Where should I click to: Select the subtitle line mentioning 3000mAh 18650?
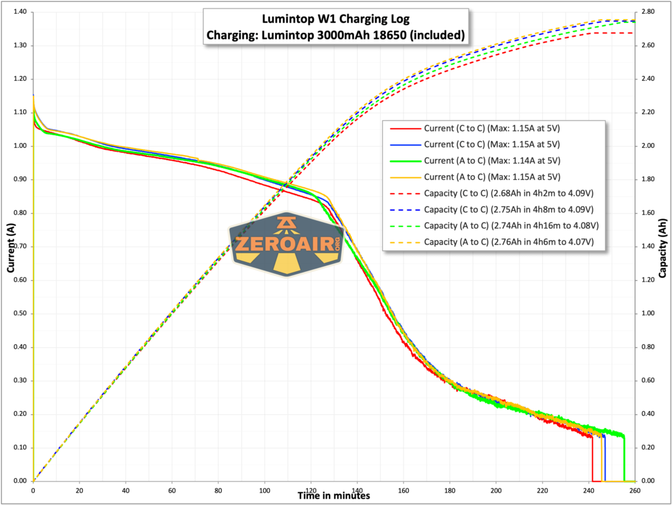[x=335, y=35]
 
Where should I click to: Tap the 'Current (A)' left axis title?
[x=11, y=247]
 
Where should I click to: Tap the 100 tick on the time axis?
[x=264, y=491]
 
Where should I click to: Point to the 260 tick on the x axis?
[x=635, y=491]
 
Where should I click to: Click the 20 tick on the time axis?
[x=79, y=491]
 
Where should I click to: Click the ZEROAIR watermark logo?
[x=287, y=244]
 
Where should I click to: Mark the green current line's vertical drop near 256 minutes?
[x=625, y=460]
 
